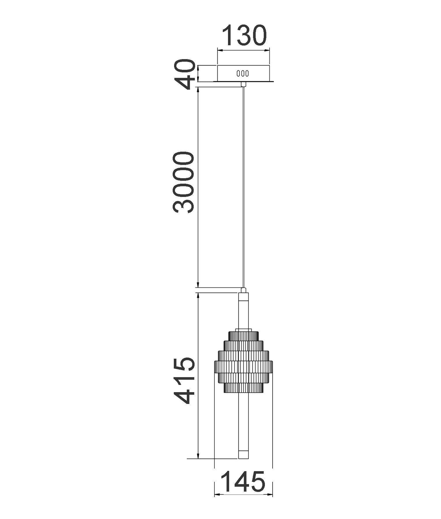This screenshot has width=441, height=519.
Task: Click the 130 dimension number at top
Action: (245, 36)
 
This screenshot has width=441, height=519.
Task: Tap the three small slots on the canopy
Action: (243, 74)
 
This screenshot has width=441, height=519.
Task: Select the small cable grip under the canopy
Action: (244, 84)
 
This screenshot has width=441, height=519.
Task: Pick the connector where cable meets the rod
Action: (244, 290)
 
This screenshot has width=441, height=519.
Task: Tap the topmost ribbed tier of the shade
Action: (244, 336)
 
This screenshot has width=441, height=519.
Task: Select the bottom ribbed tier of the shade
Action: (244, 388)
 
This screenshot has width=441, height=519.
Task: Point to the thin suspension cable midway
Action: (244, 187)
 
